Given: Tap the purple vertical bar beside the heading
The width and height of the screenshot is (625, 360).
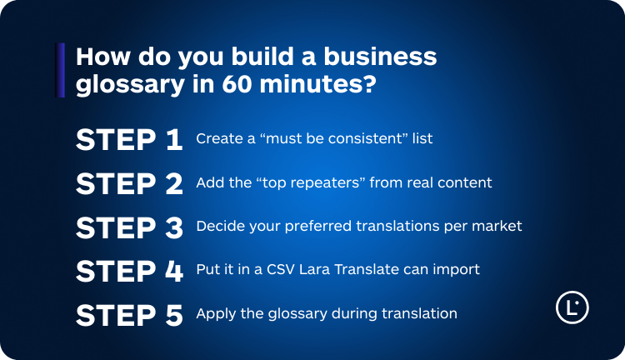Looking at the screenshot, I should coord(60,70).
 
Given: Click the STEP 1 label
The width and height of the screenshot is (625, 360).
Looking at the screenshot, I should coord(129,139).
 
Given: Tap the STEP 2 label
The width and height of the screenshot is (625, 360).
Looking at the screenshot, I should coord(129,183).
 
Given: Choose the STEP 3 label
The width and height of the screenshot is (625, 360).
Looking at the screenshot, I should coord(129,227).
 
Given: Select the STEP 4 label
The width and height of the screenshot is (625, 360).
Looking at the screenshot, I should coord(129,271).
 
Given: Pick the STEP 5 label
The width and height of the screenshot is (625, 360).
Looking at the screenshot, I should coord(129,315).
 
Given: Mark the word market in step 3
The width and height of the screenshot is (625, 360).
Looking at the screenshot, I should coord(498,226).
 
